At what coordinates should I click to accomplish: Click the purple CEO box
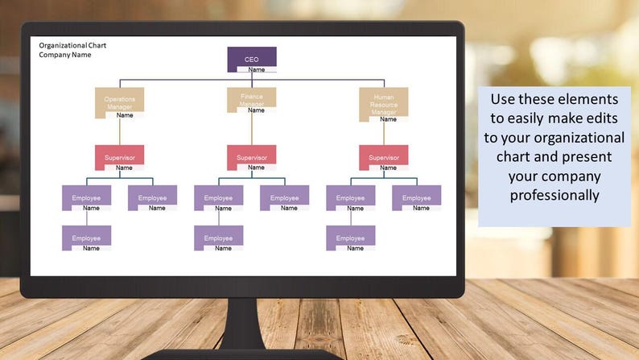(251, 58)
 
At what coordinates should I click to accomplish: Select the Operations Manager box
(119, 101)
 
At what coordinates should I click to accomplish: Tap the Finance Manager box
(251, 98)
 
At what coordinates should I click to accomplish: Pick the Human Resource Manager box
(383, 101)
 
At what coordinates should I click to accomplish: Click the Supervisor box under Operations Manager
(119, 156)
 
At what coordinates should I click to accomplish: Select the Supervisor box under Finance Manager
(251, 156)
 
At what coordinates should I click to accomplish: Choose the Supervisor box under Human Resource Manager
(383, 156)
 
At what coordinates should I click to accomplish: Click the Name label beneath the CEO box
(257, 70)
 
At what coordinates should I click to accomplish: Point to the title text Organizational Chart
(72, 45)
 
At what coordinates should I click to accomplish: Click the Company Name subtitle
(65, 55)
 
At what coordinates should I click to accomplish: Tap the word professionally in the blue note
(554, 195)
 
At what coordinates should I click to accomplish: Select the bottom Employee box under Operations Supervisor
(86, 238)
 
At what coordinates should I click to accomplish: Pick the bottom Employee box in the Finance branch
(218, 238)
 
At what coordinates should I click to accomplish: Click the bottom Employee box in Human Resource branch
(350, 238)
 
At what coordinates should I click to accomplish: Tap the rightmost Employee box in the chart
(416, 197)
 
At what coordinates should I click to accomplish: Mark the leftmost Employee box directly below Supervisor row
(86, 197)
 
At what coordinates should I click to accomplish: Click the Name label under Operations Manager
(125, 115)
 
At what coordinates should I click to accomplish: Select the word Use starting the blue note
(505, 99)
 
